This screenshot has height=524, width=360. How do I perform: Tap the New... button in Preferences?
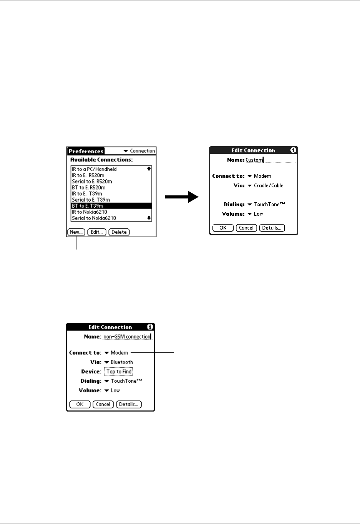pos(76,232)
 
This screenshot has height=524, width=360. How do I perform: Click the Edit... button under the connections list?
pos(97,232)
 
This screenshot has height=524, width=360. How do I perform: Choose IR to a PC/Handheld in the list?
pos(94,169)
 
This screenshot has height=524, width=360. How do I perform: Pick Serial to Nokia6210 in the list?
pos(94,218)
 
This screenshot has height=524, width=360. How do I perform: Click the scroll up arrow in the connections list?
pos(149,169)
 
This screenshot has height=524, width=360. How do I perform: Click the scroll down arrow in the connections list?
pos(149,218)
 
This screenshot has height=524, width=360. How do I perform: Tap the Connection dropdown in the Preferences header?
pos(139,151)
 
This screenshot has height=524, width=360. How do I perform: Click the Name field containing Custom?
pos(270,160)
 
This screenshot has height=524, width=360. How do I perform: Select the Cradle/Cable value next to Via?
pos(268,185)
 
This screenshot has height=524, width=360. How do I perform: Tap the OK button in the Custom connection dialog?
pos(223,228)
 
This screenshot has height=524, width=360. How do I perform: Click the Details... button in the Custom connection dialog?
pos(272,228)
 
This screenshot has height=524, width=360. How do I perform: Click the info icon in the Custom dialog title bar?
pos(293,150)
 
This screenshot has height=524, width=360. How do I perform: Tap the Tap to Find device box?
pos(119,372)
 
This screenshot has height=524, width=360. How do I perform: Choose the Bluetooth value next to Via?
pos(121,362)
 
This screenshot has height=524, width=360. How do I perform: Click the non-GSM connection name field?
pos(127,337)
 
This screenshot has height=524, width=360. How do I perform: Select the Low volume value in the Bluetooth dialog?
pos(115,390)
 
